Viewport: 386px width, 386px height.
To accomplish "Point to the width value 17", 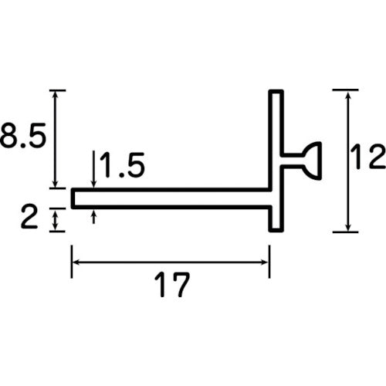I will coord(171,286).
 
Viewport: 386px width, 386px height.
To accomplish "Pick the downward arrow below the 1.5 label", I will coord(93,179).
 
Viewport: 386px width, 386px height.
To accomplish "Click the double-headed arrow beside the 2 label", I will coord(54,221).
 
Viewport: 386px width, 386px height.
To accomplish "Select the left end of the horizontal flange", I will coord(75,198).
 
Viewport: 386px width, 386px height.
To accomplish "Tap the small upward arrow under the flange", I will coord(93,216).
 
